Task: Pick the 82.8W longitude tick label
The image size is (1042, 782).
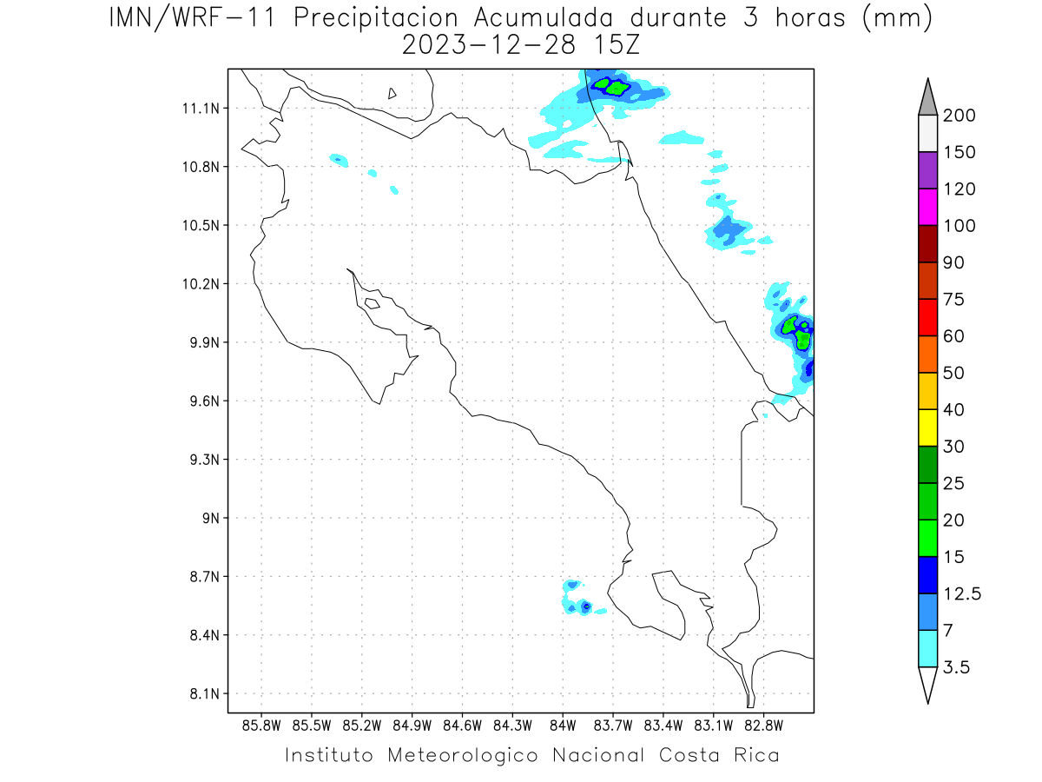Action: (x=763, y=725)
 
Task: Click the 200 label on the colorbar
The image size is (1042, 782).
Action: (x=960, y=116)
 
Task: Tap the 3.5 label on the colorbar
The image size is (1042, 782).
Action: (x=957, y=667)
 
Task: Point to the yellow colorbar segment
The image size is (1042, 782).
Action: (x=927, y=427)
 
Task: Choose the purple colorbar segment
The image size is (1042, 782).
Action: (x=927, y=170)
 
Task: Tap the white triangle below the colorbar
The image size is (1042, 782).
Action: (x=927, y=684)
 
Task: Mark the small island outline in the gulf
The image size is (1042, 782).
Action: (x=372, y=303)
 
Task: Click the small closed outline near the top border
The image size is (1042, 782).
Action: (x=392, y=94)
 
